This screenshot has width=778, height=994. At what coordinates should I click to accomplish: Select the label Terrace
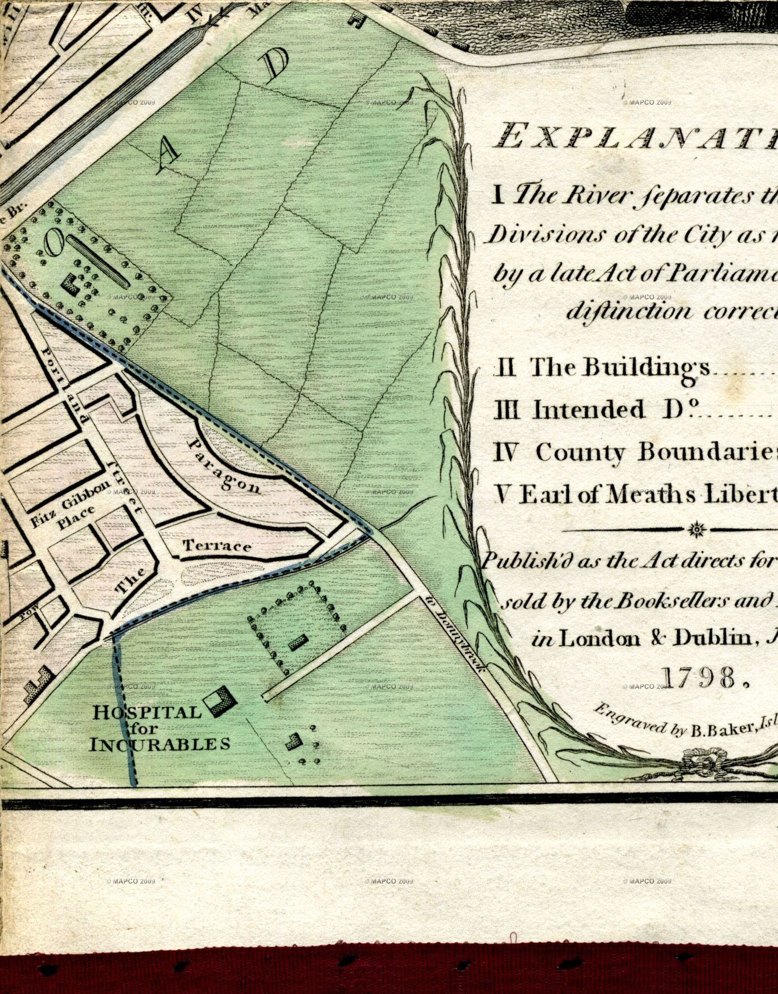point(217,546)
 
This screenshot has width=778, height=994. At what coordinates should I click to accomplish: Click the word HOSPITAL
point(147,713)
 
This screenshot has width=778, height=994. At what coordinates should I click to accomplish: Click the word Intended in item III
point(589,410)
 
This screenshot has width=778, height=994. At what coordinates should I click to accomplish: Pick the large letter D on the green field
point(276,67)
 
